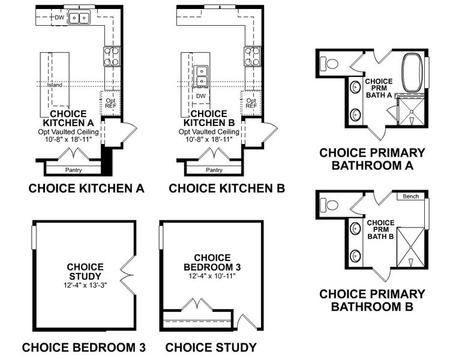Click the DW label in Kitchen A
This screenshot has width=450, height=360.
pos(59,17)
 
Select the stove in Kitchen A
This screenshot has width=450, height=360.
pos(112,56)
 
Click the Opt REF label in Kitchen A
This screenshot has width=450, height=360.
pos(110,102)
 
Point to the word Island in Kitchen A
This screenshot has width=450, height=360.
pos(55,85)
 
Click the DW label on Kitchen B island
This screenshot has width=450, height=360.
pos(201,96)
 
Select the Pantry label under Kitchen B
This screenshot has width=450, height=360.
pos(214,170)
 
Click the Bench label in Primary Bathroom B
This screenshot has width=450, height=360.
pos(410,197)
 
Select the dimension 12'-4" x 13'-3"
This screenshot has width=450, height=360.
pos(85,286)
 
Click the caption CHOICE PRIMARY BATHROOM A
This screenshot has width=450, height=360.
pos(372,159)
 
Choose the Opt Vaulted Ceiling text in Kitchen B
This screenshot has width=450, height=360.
pos(208,131)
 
